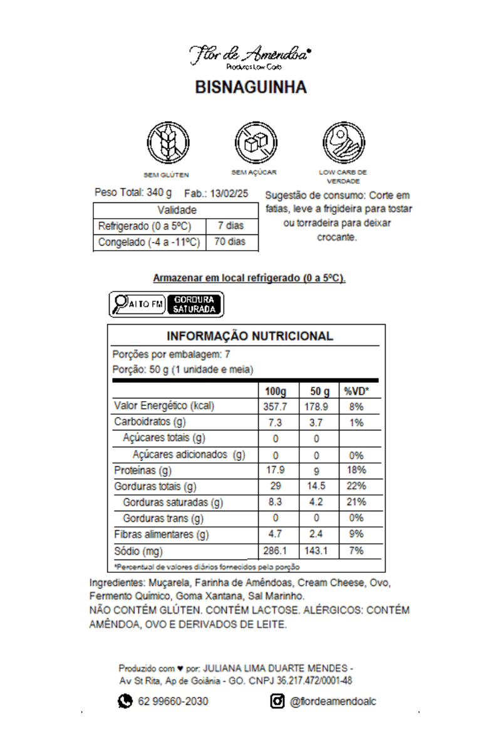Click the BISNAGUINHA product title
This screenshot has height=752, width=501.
click(x=250, y=87)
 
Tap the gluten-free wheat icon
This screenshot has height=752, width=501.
click(x=167, y=142)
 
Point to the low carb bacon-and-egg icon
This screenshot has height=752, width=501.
click(x=343, y=142)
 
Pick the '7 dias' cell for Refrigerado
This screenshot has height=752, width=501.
click(x=231, y=226)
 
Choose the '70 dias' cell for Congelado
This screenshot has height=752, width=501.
click(x=231, y=242)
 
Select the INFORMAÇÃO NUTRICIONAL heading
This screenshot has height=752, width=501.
click(x=250, y=336)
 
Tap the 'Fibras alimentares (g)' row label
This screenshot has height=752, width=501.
click(x=162, y=535)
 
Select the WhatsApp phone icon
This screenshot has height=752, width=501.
click(x=125, y=701)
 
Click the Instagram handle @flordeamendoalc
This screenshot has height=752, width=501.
click(x=333, y=702)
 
